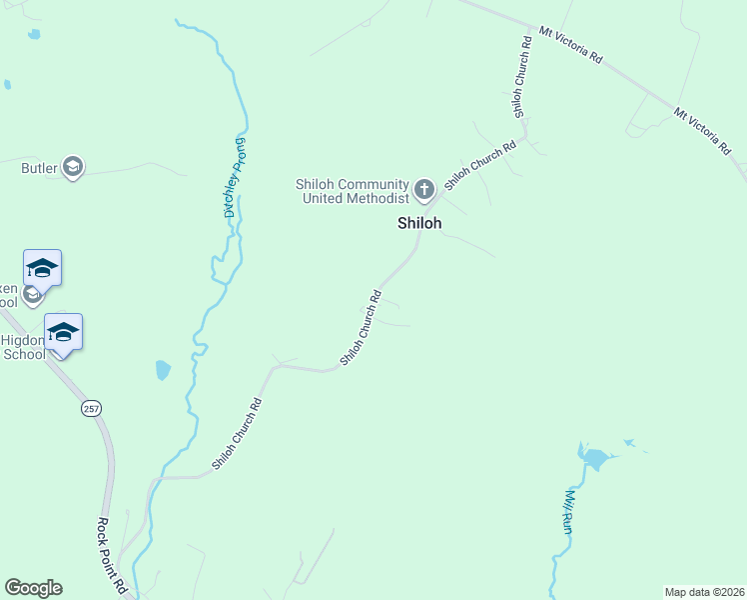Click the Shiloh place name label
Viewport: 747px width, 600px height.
point(419,224)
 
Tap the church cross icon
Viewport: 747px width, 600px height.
point(423,189)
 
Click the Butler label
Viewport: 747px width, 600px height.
point(40,168)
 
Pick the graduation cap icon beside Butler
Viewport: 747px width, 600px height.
point(73,167)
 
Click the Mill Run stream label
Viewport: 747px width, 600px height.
point(566,511)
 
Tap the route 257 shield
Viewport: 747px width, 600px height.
point(92,409)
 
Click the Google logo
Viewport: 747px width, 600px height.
point(33,588)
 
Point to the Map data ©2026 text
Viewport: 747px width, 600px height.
point(704,592)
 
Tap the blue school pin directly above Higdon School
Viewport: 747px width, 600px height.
point(63,331)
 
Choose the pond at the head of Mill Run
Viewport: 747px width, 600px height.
point(594,459)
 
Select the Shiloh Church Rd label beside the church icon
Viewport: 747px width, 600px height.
point(480,165)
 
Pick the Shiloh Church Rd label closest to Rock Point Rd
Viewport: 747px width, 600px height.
point(237,435)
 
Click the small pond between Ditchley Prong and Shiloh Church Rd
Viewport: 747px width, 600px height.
point(163,371)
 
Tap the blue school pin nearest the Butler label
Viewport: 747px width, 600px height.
point(43,267)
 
